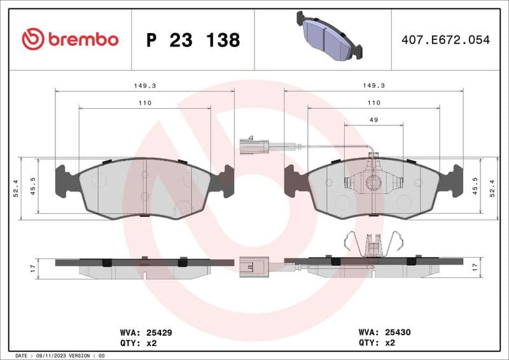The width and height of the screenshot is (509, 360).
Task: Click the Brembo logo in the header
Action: [70, 39]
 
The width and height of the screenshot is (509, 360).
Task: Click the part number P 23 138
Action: [193, 40]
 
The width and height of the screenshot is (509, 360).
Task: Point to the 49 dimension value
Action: [374, 120]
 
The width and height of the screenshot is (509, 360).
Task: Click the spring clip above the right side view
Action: [374, 243]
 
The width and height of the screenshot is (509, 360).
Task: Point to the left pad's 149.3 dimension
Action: [144, 85]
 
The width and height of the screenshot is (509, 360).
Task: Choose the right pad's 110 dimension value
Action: [373, 102]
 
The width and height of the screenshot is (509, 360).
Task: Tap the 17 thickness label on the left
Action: [32, 269]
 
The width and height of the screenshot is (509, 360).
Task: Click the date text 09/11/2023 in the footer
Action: [52, 356]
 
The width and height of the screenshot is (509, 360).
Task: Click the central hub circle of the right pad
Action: [374, 183]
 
